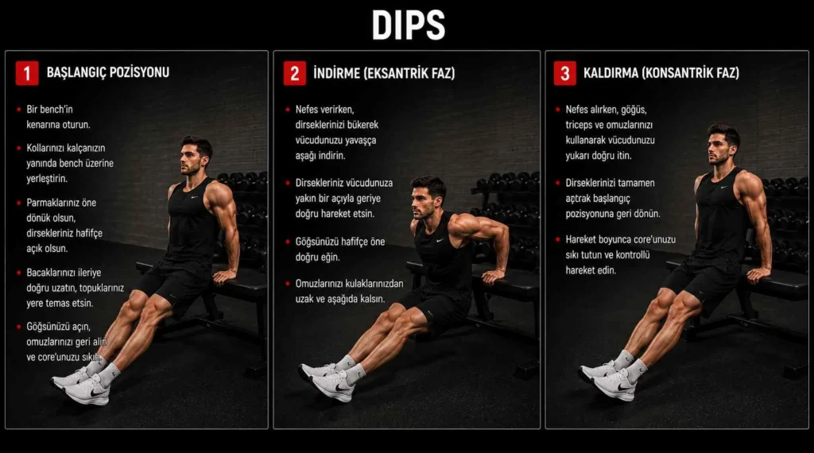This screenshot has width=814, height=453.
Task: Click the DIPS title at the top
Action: coord(408,25)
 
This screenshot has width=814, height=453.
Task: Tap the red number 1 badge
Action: coord(27,73)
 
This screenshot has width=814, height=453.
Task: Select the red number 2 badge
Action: coord(294,73)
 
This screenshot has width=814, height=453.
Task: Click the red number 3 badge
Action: coord(565,73)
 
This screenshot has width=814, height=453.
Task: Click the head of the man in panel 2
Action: coord(427,197)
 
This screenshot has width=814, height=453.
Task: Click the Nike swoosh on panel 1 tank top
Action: coord(195,197)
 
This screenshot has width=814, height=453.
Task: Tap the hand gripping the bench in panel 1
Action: coord(224,277)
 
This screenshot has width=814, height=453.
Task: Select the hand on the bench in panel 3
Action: coord(758,274)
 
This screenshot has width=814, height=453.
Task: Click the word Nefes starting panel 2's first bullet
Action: coord(307,110)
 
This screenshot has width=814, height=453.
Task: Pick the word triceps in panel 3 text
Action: coord(579,125)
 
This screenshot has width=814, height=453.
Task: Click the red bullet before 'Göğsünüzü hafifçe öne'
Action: coord(288,242)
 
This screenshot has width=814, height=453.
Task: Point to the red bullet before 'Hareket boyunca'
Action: coord(558,240)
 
